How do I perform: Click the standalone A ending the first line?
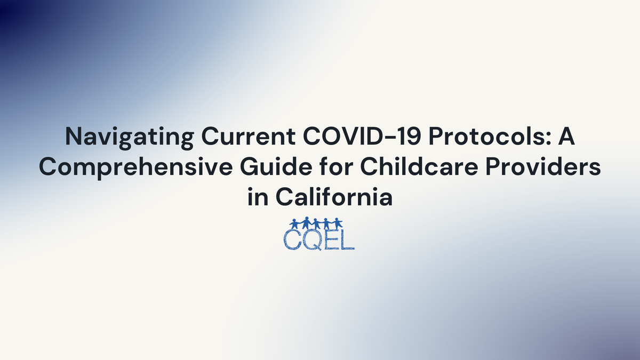[x=565, y=137]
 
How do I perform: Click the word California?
[x=334, y=198]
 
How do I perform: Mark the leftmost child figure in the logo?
[x=295, y=223]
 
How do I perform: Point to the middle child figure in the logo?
[x=317, y=223]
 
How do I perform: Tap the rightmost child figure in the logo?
[x=338, y=223]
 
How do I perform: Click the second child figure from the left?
[x=306, y=223]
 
